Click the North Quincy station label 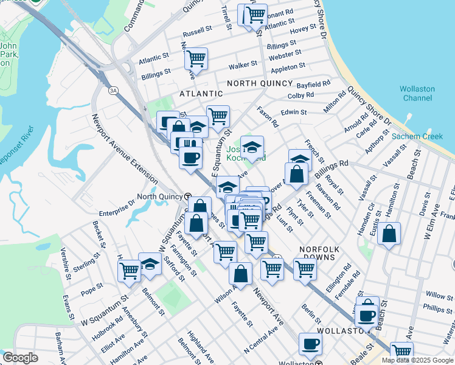(159, 196)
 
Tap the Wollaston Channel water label (417, 93)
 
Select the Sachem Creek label (417, 136)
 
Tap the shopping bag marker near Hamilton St (389, 234)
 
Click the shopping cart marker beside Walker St (196, 59)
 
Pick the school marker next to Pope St (150, 264)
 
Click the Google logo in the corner (20, 358)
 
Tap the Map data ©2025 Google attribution (417, 360)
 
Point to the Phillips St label (438, 309)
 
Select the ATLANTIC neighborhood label (201, 94)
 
